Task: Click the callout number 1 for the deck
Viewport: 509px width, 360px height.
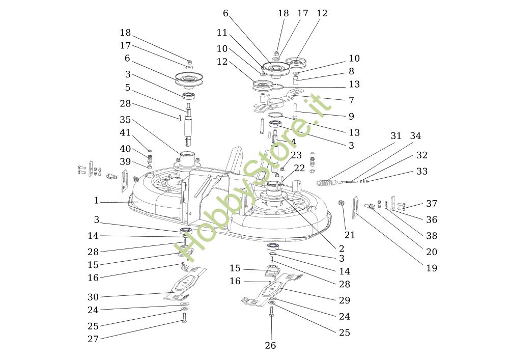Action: point(96,201)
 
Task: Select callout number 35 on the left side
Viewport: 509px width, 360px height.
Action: point(125,120)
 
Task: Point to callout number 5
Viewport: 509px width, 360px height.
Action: point(128,88)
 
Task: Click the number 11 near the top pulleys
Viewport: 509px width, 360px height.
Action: point(221,33)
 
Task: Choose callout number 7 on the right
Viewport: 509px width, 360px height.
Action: point(351,100)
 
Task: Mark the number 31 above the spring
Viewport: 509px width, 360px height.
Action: point(396,136)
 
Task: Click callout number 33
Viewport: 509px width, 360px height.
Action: point(422,172)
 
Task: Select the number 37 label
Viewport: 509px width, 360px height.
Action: point(432,204)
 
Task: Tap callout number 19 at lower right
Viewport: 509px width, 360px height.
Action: point(432,268)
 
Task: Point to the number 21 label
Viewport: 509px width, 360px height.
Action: point(350,235)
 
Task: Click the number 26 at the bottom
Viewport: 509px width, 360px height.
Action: point(270,346)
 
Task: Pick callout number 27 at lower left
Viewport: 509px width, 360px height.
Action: point(93,339)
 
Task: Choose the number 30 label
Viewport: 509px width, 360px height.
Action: point(93,297)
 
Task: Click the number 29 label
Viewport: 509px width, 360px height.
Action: point(345,300)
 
